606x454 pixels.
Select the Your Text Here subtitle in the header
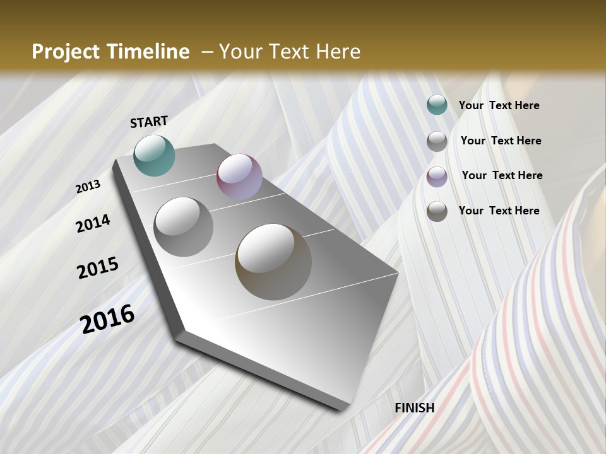(x=289, y=52)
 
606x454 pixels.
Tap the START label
(x=149, y=122)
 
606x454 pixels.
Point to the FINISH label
(x=414, y=408)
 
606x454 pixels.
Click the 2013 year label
(x=88, y=187)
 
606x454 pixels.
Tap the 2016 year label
(x=107, y=319)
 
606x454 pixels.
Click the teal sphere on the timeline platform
(x=154, y=155)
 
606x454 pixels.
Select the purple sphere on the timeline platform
(x=239, y=177)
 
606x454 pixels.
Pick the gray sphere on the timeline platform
(x=184, y=226)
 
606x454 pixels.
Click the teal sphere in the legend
(x=437, y=105)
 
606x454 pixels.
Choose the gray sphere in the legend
(x=437, y=141)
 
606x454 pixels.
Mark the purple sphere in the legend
(x=437, y=177)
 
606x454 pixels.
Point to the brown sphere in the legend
(x=437, y=211)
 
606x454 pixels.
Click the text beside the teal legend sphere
(x=499, y=106)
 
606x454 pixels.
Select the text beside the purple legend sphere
(x=502, y=175)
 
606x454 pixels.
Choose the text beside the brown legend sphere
(x=499, y=211)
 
